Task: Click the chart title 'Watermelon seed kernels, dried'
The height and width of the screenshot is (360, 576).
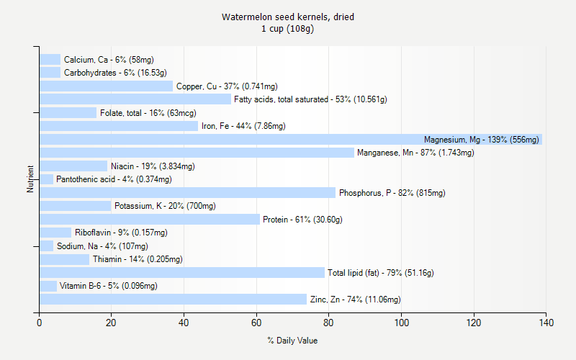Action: [287, 17]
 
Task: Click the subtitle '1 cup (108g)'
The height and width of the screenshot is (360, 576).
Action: [287, 29]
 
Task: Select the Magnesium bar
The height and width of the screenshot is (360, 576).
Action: [288, 140]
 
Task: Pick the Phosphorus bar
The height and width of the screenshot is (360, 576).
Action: [187, 193]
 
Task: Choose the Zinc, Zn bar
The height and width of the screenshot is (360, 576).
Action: [173, 300]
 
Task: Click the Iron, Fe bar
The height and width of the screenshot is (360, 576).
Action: [119, 126]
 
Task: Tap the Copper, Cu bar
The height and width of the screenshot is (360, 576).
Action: [106, 86]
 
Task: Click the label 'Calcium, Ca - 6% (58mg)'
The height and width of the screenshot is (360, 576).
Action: [108, 60]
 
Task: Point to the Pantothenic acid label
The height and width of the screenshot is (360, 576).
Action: [114, 179]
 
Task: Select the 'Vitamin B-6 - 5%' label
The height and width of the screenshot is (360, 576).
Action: [108, 286]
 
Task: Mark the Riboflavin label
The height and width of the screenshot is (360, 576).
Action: [121, 233]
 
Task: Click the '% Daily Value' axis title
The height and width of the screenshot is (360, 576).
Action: [292, 341]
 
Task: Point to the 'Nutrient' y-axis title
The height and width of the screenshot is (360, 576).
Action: [30, 179]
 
